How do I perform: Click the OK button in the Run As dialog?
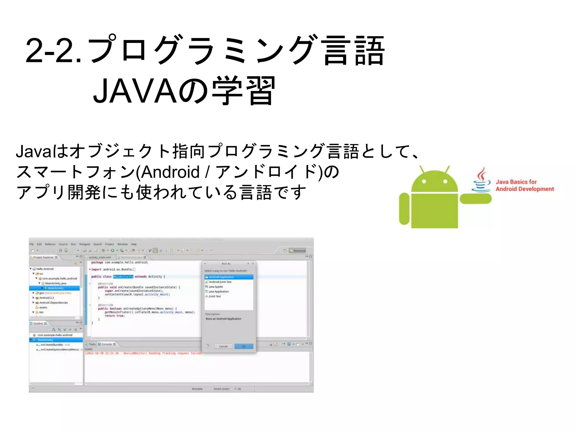[244, 346]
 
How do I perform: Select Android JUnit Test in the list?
[220, 282]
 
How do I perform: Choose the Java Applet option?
[216, 286]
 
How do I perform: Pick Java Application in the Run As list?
[219, 292]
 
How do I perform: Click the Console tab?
[106, 344]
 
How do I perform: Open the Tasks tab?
[92, 344]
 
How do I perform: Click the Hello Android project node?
[45, 269]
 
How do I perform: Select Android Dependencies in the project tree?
[53, 302]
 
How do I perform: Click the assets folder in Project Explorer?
[43, 307]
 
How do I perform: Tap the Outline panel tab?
[38, 324]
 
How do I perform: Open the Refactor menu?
[50, 244]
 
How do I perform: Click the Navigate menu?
[85, 244]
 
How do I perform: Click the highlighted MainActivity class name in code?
[123, 277]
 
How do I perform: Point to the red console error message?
[143, 353]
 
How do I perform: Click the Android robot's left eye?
[424, 182]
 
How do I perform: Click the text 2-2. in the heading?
[53, 51]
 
